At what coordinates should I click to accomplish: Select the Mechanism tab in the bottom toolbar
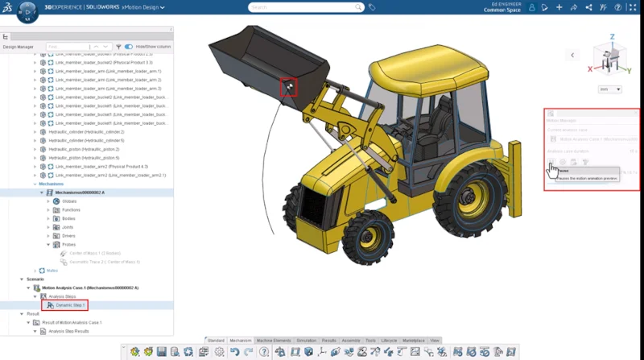point(240,341)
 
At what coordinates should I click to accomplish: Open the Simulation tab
point(306,341)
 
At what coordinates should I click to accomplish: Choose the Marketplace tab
point(413,341)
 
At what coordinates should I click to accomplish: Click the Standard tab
point(215,341)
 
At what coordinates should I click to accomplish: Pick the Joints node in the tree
point(67,227)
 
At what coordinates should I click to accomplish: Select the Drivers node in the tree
point(68,236)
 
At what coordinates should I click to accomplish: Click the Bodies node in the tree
point(68,218)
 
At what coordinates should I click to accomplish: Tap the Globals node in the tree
point(68,201)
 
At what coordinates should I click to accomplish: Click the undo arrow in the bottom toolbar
point(234,352)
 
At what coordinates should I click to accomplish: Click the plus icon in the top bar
point(559,7)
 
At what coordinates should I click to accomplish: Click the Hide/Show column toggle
point(129,47)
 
